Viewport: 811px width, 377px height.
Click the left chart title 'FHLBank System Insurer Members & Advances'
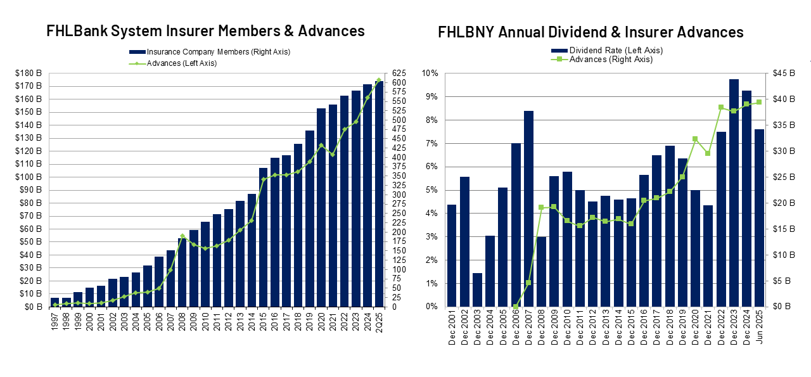pyautogui.click(x=205, y=30)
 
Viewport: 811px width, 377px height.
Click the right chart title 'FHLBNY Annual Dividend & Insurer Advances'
pyautogui.click(x=591, y=32)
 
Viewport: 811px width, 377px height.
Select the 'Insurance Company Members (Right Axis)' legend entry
pyautogui.click(x=209, y=52)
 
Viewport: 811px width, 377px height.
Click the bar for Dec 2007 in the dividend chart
pyautogui.click(x=528, y=209)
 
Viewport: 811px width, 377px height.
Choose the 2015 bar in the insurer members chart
pyautogui.click(x=264, y=238)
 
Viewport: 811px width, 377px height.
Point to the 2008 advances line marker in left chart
pyautogui.click(x=182, y=236)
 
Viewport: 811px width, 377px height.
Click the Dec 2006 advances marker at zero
pyautogui.click(x=516, y=307)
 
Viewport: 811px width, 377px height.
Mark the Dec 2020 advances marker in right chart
pyautogui.click(x=695, y=139)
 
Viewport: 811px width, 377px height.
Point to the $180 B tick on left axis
pyautogui.click(x=28, y=73)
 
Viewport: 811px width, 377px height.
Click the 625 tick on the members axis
pyautogui.click(x=399, y=73)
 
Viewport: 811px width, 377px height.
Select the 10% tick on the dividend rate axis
pyautogui.click(x=430, y=73)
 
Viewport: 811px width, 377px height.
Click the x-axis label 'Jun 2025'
pyautogui.click(x=759, y=329)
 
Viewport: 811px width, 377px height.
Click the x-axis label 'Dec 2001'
pyautogui.click(x=452, y=329)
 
